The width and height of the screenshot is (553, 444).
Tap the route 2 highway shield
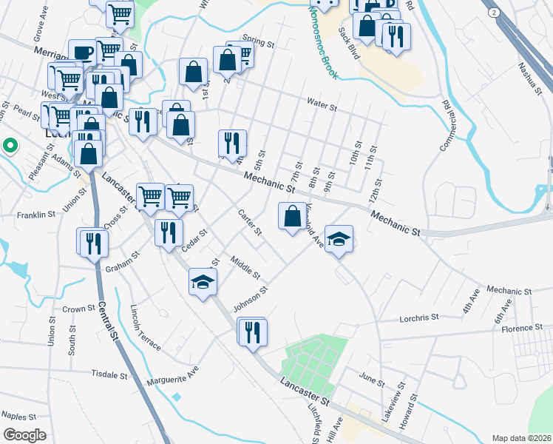click(x=492, y=14)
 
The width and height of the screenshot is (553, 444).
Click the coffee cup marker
click(x=83, y=53)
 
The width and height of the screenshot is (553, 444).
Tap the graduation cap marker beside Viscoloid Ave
click(x=339, y=239)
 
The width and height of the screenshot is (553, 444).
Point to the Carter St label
click(x=250, y=223)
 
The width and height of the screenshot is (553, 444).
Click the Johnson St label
click(x=248, y=299)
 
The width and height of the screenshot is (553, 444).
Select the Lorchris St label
click(x=419, y=317)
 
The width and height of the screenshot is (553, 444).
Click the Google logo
click(x=25, y=435)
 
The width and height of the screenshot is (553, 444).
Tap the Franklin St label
click(x=37, y=215)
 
